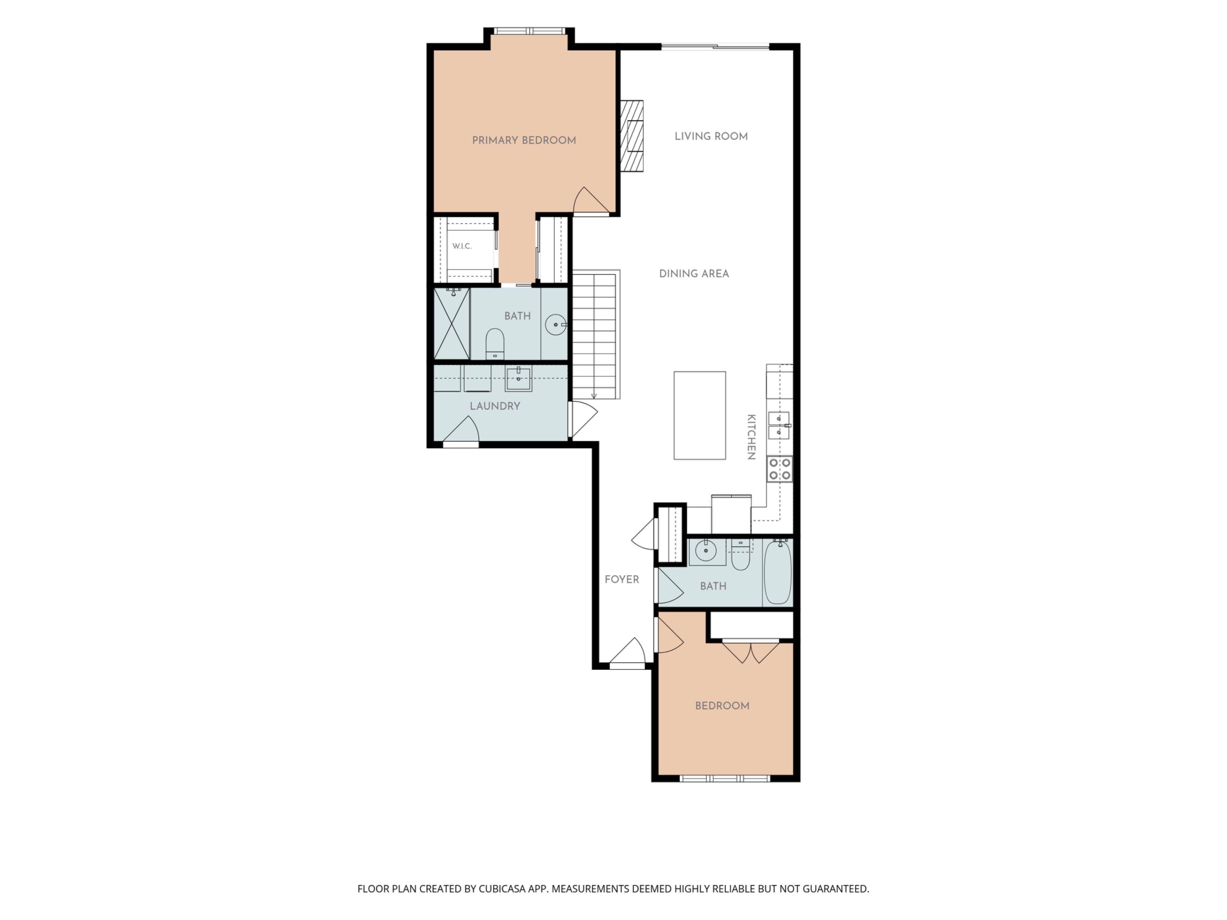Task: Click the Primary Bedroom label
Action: click(x=524, y=140)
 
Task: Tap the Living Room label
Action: click(x=711, y=136)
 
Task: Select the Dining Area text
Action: click(x=694, y=273)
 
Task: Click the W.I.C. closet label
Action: click(x=461, y=246)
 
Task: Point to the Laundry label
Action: click(x=495, y=406)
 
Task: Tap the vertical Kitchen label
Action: click(x=751, y=437)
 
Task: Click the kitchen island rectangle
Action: click(x=699, y=415)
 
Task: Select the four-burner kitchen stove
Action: click(x=779, y=469)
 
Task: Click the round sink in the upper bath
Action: click(x=555, y=325)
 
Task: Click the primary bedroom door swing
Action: click(x=591, y=200)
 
